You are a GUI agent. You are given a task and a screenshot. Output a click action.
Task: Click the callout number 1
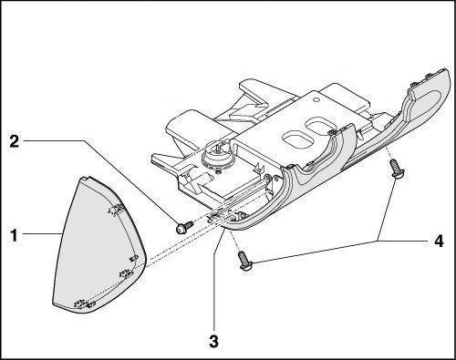(x=14, y=235)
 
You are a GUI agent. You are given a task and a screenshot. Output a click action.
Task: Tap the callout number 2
(x=15, y=141)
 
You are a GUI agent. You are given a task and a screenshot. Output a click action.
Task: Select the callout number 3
(x=214, y=341)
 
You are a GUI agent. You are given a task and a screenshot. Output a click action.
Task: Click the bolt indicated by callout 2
(x=184, y=227)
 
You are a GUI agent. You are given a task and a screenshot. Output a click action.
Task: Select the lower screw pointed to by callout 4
(x=245, y=261)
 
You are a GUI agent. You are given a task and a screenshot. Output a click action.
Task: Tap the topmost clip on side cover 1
(x=116, y=210)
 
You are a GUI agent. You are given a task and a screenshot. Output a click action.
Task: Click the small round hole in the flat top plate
(x=316, y=99)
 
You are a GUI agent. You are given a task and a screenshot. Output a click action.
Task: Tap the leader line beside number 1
(x=42, y=233)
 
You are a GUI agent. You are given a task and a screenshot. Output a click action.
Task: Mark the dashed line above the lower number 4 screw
(x=235, y=240)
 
